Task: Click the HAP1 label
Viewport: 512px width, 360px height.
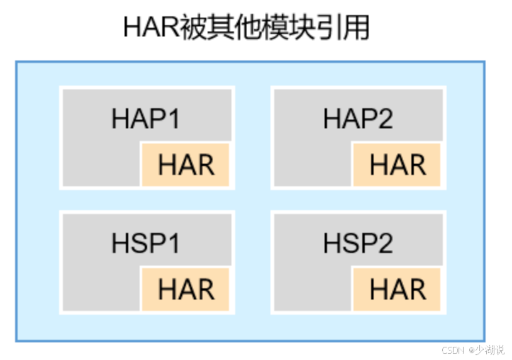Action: click(145, 119)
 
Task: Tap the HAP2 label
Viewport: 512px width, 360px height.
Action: click(357, 119)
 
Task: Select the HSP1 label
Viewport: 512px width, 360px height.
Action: click(145, 244)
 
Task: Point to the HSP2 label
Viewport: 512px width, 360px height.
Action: click(357, 244)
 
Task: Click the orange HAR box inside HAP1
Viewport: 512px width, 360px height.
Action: click(186, 165)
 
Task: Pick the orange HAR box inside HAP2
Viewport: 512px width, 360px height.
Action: click(397, 165)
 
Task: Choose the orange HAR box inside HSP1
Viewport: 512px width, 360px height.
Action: click(186, 290)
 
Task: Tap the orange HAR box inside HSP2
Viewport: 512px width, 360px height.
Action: click(397, 290)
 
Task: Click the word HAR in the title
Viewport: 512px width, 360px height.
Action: click(149, 28)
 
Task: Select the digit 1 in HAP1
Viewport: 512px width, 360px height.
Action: click(172, 119)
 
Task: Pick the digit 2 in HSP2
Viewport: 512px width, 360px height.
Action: click(385, 244)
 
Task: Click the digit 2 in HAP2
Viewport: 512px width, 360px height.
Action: click(385, 119)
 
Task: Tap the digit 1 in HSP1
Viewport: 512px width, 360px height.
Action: click(172, 244)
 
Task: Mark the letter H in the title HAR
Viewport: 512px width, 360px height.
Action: click(134, 28)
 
